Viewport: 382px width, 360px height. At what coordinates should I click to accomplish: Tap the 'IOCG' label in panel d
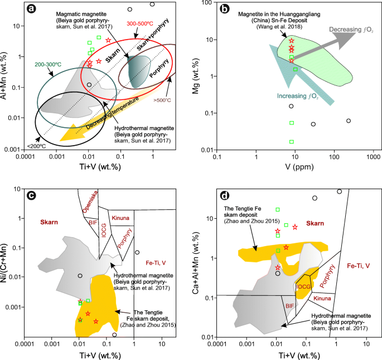[302, 286]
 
